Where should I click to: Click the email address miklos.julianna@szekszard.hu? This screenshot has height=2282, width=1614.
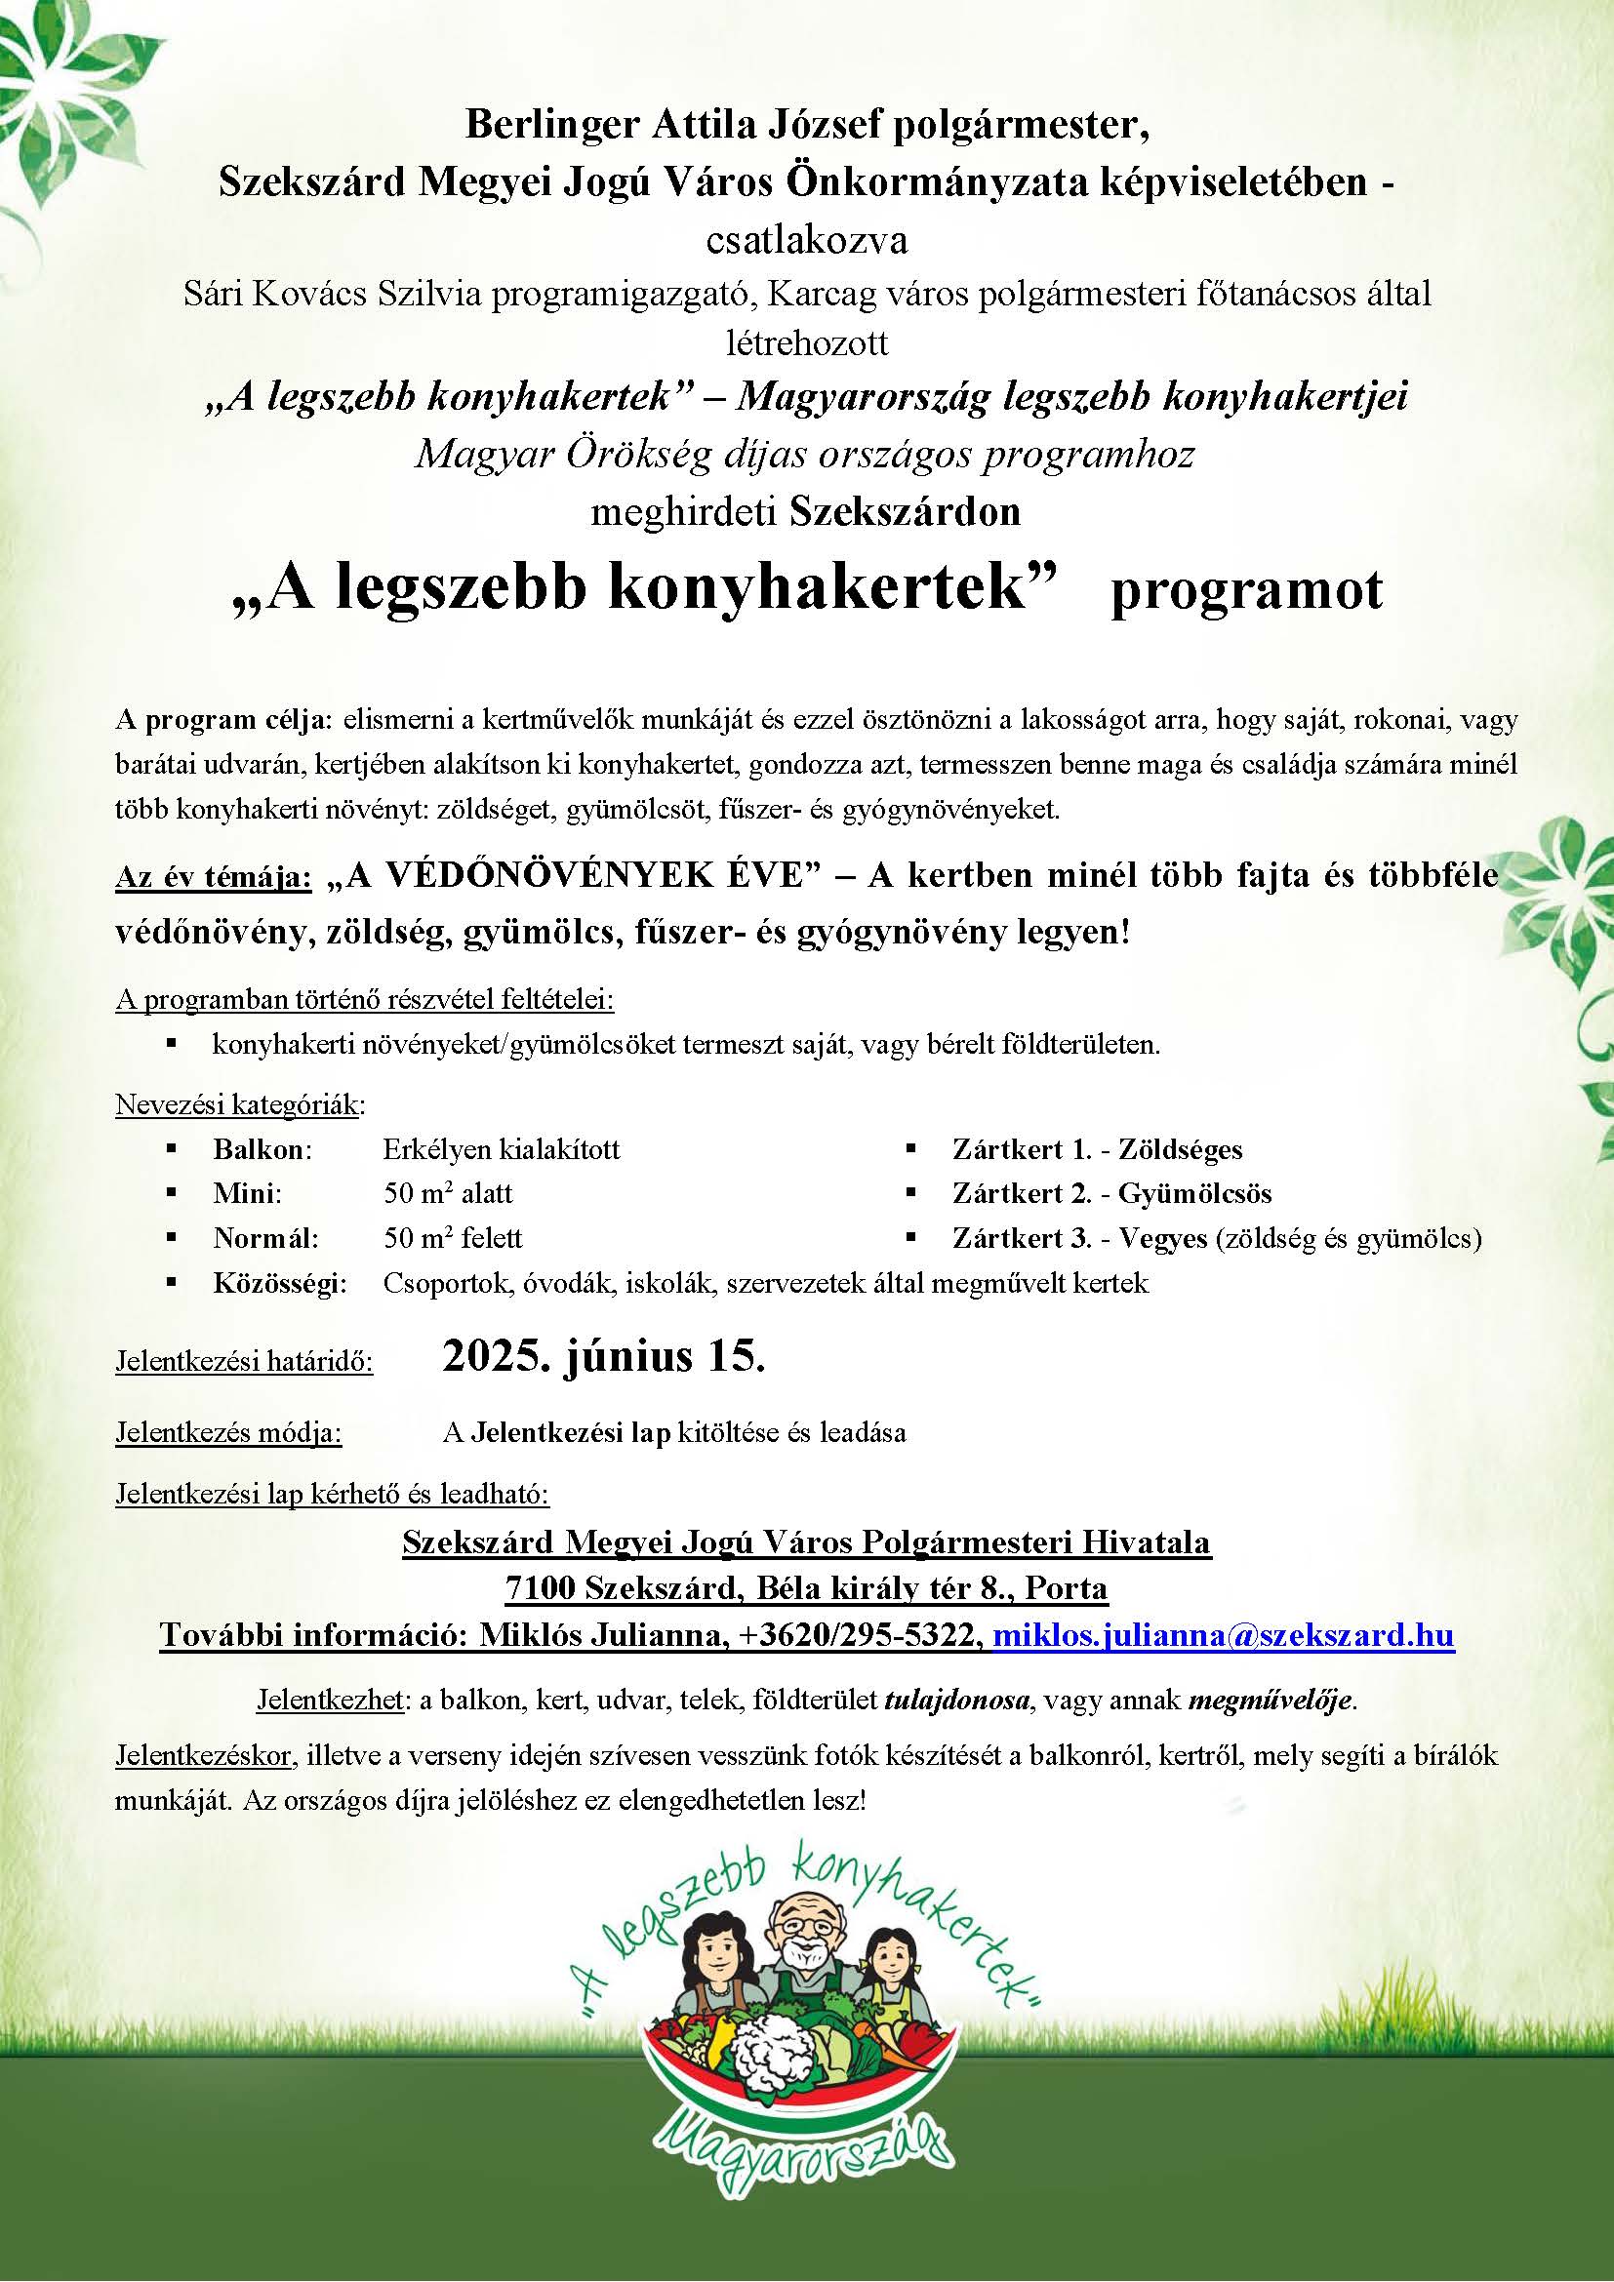point(1224,1635)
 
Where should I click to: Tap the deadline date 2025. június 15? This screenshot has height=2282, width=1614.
point(603,1356)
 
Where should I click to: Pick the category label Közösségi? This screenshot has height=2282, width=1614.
point(280,1283)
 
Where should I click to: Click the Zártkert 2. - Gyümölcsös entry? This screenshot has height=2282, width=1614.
point(1111,1193)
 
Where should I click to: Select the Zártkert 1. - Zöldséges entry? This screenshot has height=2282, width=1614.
point(1096,1150)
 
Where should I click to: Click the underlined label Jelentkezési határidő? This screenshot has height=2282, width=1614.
point(245,1361)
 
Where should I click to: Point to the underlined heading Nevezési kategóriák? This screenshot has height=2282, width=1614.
point(239,1104)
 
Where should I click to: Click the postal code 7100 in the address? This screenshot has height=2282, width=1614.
point(540,1588)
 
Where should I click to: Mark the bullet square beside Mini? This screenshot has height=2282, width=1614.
point(172,1193)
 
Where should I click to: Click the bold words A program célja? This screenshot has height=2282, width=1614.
point(226,720)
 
